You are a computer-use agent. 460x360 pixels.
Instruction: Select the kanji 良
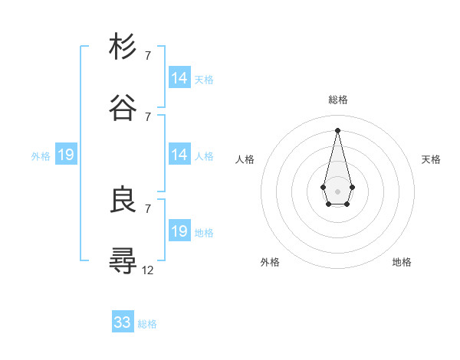point(123,200)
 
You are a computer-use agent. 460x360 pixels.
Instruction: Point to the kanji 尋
point(123,261)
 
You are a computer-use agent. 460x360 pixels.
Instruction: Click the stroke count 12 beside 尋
point(148,270)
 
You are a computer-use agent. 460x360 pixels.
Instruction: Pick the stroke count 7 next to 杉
point(148,55)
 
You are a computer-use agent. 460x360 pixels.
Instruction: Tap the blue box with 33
point(123,322)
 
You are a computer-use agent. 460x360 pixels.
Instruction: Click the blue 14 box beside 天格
point(179,78)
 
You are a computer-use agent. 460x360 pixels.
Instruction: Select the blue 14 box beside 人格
point(179,155)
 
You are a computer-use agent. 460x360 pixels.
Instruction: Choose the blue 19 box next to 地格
point(179,231)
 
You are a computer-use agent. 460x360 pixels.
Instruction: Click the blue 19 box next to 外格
point(66,155)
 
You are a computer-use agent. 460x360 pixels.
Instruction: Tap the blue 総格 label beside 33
point(147,324)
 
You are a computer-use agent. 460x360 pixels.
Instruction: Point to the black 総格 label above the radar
point(337,100)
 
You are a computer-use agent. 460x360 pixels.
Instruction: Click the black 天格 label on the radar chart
point(431,159)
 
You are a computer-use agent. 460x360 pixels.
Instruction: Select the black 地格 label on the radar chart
point(402,262)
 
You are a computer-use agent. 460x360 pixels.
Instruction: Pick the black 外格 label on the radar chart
point(270,262)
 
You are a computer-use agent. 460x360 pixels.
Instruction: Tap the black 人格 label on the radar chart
point(245,159)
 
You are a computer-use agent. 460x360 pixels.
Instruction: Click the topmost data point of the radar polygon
point(337,129)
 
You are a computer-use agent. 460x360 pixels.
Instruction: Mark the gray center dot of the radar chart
point(337,190)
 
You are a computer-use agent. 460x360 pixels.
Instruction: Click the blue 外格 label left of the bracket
point(41,155)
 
